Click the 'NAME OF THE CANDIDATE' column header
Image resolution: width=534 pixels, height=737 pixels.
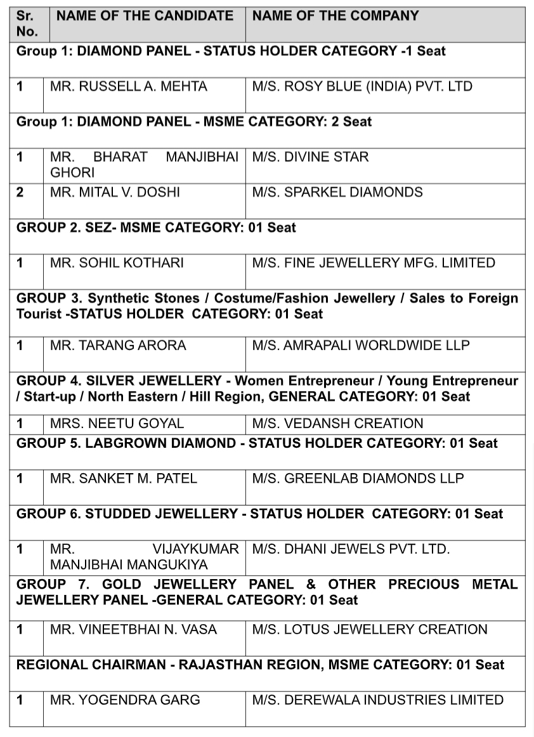[145, 16]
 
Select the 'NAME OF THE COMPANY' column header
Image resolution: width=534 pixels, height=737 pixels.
[335, 16]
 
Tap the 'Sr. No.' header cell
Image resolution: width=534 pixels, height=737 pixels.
[27, 23]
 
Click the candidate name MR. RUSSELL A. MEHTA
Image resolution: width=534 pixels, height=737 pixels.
[129, 86]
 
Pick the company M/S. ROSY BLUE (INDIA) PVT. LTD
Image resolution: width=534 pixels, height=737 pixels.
[362, 86]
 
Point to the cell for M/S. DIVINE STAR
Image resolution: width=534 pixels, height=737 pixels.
[310, 157]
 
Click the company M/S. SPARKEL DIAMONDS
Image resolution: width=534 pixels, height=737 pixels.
[337, 192]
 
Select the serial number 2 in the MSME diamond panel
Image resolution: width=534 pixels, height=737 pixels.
[20, 192]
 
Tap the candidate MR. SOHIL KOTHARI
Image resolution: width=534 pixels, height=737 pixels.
[117, 263]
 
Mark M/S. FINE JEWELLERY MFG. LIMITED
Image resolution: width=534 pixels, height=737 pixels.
[374, 263]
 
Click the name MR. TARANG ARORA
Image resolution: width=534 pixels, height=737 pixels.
[118, 346]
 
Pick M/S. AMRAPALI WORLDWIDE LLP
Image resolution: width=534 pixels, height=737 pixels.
[361, 346]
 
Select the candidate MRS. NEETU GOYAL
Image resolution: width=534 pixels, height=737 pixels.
[117, 424]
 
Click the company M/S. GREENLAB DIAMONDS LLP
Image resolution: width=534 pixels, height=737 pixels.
[358, 478]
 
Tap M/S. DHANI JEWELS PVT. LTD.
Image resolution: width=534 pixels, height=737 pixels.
[351, 549]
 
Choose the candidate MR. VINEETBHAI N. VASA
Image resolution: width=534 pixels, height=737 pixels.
[133, 630]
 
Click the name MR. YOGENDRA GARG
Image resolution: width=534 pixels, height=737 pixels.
[125, 700]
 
